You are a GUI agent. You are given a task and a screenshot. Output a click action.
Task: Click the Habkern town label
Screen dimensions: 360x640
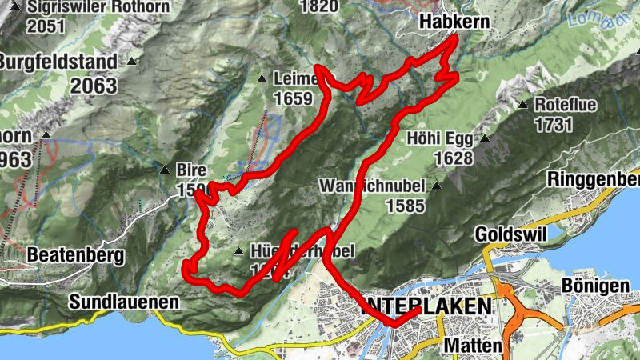(454, 23)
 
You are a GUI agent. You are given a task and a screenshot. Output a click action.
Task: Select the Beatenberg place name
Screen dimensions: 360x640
(75, 256)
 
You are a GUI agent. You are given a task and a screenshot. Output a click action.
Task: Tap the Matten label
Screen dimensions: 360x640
(473, 346)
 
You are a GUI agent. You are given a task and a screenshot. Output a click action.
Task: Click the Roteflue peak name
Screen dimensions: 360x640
(564, 105)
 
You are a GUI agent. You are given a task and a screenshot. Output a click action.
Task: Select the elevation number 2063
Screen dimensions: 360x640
(93, 85)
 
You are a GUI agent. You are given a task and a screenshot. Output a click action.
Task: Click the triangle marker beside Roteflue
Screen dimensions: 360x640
(522, 105)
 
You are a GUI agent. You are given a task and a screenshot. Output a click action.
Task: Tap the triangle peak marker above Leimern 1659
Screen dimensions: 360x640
(262, 78)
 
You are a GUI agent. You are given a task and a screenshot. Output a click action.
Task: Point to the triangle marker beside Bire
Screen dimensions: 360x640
(164, 169)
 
